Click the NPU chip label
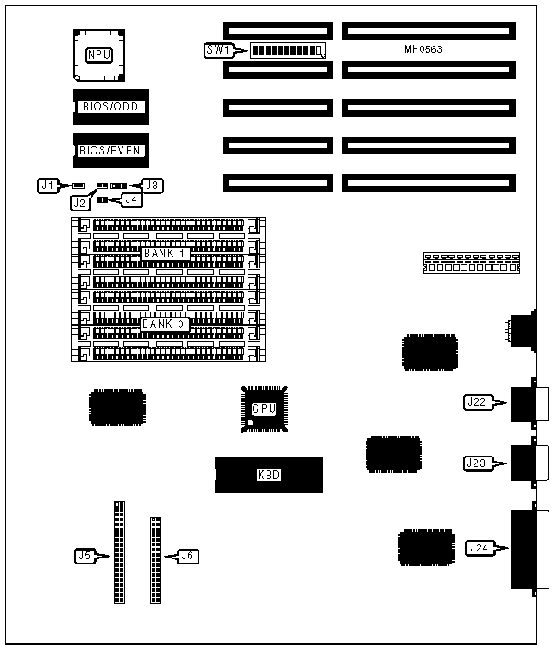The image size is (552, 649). point(98,55)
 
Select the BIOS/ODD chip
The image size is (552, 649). point(110,107)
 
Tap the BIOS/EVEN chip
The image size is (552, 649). point(110,150)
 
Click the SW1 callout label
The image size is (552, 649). point(216,50)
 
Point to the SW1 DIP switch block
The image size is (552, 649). point(286,50)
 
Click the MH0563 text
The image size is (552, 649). point(423,49)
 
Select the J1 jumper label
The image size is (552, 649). point(48,185)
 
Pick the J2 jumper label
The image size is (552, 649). point(80,203)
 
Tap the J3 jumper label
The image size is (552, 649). point(153,185)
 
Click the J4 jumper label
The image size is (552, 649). point(131,199)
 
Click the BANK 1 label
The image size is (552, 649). point(164,253)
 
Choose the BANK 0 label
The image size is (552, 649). point(164,324)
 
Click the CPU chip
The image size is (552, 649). point(263,408)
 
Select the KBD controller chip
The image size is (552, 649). point(268,474)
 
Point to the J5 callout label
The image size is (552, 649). point(85,556)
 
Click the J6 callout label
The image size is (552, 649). point(187,556)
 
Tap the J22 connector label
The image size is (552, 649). point(476,401)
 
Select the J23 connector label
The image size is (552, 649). point(476,463)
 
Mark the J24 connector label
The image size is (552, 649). point(479,547)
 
